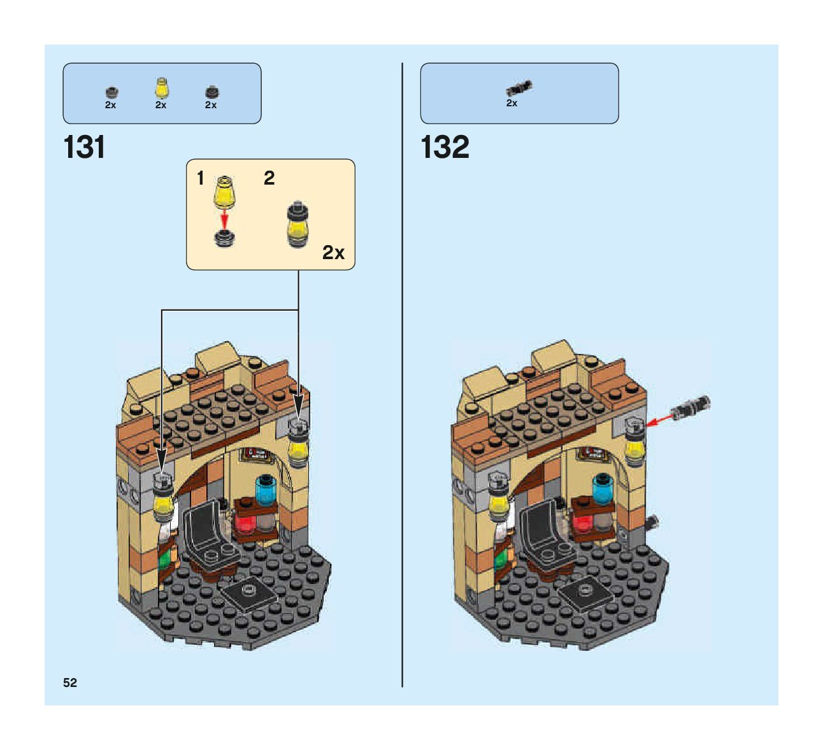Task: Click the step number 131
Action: [84, 148]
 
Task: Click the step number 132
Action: [445, 148]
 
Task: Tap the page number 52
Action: [70, 683]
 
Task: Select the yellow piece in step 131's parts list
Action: [161, 87]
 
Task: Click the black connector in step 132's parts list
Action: [519, 88]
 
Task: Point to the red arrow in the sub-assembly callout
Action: [224, 220]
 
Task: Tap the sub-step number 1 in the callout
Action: [201, 178]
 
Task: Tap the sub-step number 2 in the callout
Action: [269, 178]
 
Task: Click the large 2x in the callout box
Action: [333, 253]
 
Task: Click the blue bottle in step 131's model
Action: [264, 491]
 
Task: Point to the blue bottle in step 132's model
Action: [601, 491]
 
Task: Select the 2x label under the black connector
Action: [512, 103]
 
